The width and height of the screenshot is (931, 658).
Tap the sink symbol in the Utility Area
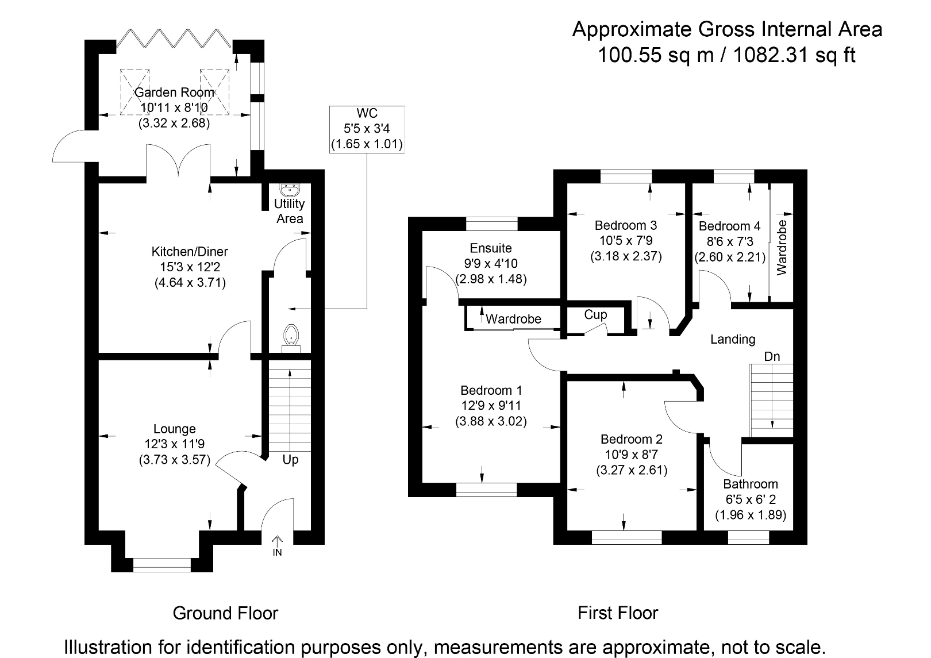click(289, 189)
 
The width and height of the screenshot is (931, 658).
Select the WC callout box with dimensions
click(367, 129)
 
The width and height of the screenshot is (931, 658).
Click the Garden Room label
click(174, 93)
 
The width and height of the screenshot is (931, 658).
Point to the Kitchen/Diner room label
click(190, 252)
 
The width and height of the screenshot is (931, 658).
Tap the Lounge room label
click(175, 429)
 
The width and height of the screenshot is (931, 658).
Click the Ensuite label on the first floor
click(491, 248)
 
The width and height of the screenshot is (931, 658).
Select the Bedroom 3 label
click(626, 225)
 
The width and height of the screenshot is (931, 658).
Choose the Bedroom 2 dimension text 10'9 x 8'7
click(632, 455)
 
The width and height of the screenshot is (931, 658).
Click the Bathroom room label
click(751, 484)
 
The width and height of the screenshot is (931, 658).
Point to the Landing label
click(733, 339)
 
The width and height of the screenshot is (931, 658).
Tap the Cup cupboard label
click(595, 315)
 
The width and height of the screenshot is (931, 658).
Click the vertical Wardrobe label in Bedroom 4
click(782, 247)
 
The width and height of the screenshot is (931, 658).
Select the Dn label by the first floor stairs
click(772, 356)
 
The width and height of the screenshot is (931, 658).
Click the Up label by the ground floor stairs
click(290, 460)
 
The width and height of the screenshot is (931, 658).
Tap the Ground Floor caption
click(225, 613)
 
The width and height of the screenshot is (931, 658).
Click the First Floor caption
click(618, 613)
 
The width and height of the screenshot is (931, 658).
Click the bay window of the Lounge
click(161, 565)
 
